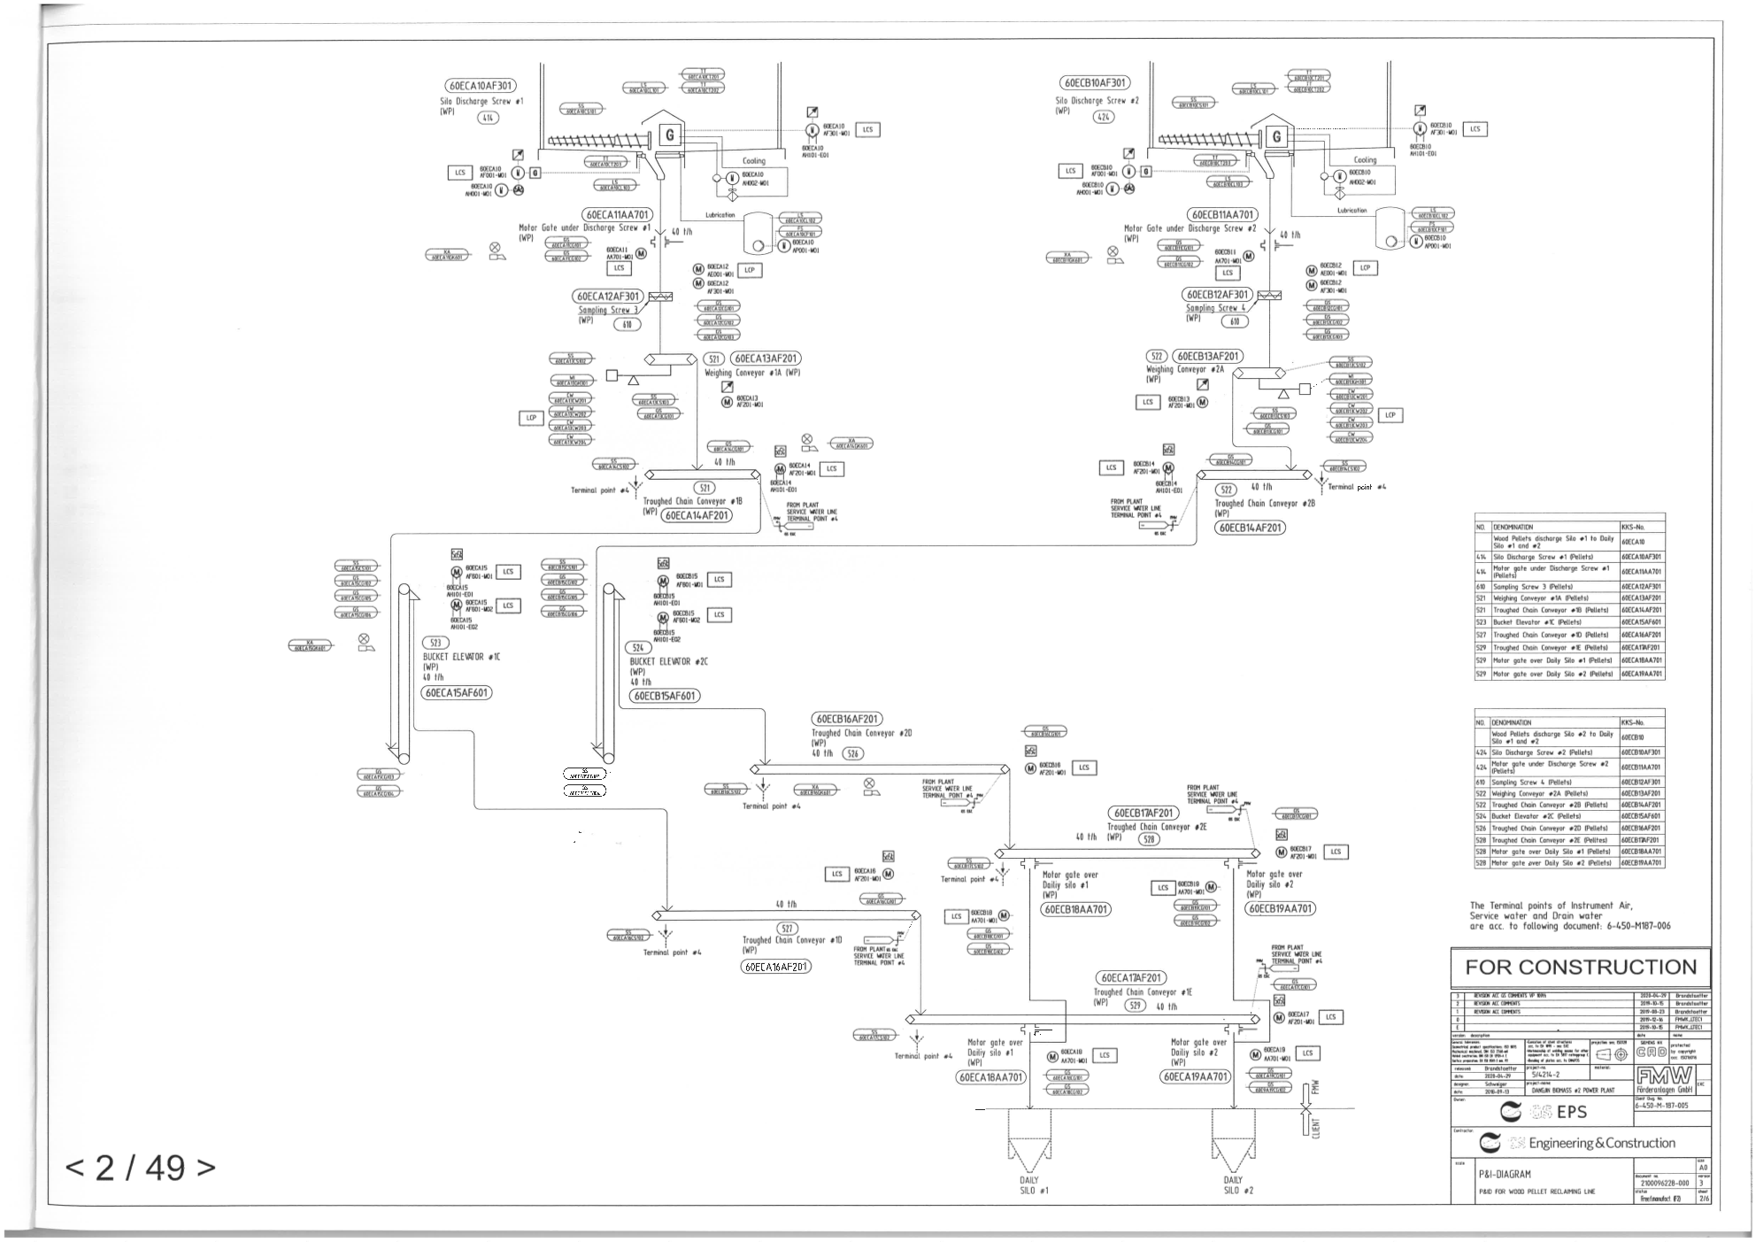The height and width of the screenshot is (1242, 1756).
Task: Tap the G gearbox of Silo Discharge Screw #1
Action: [669, 135]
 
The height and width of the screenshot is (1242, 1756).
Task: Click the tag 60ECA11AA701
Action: [617, 215]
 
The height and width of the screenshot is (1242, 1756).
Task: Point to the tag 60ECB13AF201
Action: [1207, 356]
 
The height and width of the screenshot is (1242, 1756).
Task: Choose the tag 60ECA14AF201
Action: [697, 515]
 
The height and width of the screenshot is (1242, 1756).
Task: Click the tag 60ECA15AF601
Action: [456, 693]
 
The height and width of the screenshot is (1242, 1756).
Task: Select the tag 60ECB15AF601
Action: [664, 696]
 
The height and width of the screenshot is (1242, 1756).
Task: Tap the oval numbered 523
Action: [435, 644]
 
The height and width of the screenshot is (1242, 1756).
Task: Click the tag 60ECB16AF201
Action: [846, 720]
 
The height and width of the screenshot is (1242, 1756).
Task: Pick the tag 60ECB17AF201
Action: [1143, 813]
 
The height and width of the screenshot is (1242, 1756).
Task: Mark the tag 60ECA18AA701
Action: [991, 1077]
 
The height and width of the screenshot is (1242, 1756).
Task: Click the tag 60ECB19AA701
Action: [1280, 908]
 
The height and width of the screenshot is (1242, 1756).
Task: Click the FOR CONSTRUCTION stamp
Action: [1579, 967]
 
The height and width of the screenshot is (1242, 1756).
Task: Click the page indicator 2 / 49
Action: [140, 1168]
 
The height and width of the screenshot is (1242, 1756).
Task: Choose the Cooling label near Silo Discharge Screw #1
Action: [753, 161]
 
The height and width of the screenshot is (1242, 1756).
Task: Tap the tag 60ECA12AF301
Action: [608, 297]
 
